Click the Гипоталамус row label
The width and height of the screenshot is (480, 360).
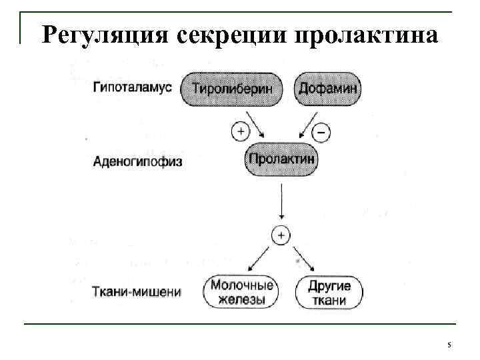pyautogui.click(x=133, y=87)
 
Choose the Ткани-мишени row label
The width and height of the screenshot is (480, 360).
pyautogui.click(x=136, y=291)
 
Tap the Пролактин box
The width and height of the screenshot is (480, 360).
pyautogui.click(x=281, y=160)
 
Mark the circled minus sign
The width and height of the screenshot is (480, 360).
pyautogui.click(x=321, y=133)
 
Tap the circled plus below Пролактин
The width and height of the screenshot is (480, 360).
pyautogui.click(x=281, y=235)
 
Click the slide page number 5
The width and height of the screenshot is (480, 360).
pyautogui.click(x=449, y=345)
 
